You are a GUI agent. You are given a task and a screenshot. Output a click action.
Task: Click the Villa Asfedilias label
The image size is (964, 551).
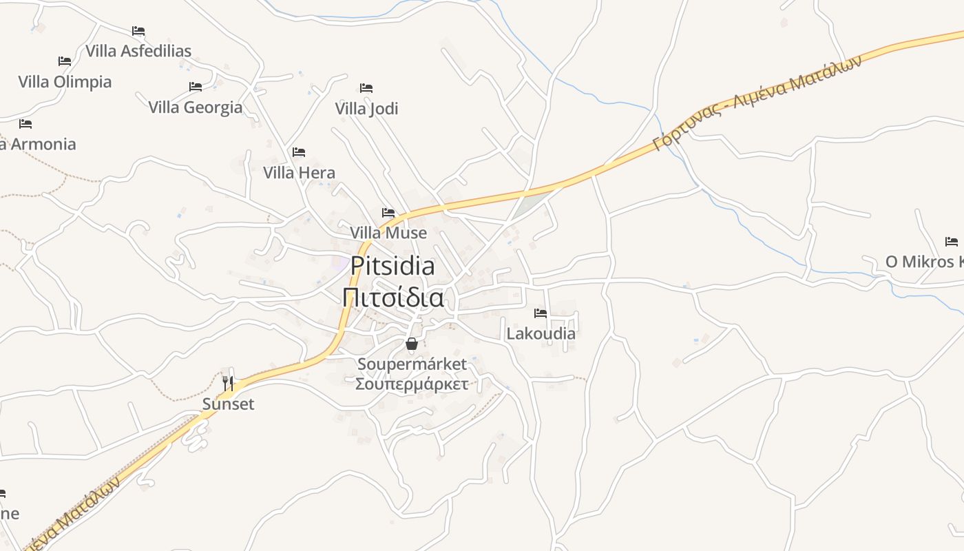pyautogui.click(x=138, y=51)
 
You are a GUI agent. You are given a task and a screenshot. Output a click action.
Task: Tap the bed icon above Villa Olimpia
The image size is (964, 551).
pyautogui.click(x=65, y=61)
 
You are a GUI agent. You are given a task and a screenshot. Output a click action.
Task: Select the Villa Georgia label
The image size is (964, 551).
pyautogui.click(x=196, y=107)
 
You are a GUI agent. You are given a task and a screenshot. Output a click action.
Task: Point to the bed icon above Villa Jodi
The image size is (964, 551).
pyautogui.click(x=366, y=88)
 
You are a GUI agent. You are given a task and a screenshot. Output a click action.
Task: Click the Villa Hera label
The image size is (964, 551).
pyautogui.click(x=299, y=173)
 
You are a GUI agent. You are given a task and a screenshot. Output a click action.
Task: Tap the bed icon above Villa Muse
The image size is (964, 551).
pyautogui.click(x=388, y=213)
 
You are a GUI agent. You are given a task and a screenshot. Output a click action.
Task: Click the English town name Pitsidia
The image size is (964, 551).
pyautogui.click(x=392, y=266)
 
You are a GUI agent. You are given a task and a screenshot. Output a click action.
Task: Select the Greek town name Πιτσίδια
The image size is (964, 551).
pyautogui.click(x=392, y=298)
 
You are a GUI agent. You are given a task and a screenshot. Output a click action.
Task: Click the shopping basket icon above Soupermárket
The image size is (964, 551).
pyautogui.click(x=412, y=344)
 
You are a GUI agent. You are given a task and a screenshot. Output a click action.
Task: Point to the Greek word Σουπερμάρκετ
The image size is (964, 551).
pyautogui.click(x=412, y=384)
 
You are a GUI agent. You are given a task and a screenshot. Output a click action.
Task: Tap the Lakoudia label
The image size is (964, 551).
pyautogui.click(x=541, y=334)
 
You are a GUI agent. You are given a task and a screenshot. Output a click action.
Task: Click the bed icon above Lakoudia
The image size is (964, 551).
pyautogui.click(x=541, y=313)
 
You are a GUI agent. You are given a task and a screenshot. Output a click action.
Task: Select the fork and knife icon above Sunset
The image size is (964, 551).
pyautogui.click(x=228, y=383)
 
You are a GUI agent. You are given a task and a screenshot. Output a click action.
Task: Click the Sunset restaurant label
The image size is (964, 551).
pyautogui.click(x=228, y=404)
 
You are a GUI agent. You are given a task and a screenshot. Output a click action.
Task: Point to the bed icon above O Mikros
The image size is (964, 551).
pyautogui.click(x=952, y=242)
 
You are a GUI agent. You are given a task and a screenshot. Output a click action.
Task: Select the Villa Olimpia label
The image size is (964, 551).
pyautogui.click(x=65, y=82)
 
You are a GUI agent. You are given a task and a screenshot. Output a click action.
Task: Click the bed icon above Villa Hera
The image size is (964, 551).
pyautogui.click(x=299, y=152)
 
